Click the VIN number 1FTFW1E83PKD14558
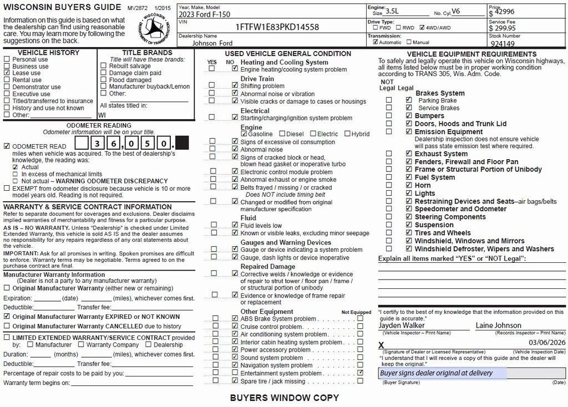[x=277, y=27]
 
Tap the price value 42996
[x=504, y=12]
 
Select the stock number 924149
[x=503, y=44]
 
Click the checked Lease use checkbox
[x=7, y=73]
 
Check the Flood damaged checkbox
[x=103, y=80]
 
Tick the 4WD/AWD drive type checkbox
[x=423, y=27]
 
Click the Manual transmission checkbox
[x=409, y=42]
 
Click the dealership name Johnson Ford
[x=212, y=43]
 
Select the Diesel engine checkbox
[x=282, y=134]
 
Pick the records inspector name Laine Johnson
[x=498, y=325]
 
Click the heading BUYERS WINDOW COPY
[x=284, y=398]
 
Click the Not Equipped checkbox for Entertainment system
[x=361, y=373]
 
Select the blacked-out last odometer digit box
[x=182, y=143]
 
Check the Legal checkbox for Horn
[x=409, y=185]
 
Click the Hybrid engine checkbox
[x=347, y=134]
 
